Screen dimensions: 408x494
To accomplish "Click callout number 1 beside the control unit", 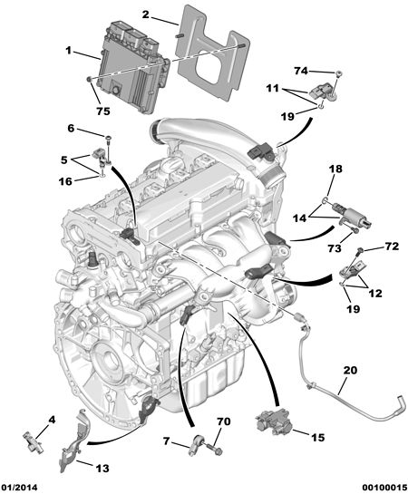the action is [68, 51].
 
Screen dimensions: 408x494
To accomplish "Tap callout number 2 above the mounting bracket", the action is [145, 15].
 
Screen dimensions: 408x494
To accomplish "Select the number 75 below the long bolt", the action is [103, 111].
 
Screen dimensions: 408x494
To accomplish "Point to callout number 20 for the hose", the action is [350, 370].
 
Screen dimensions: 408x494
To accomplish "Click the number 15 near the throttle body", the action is [317, 437].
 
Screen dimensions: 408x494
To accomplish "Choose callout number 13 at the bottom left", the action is [102, 468].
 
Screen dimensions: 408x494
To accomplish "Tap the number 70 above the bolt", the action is [224, 421].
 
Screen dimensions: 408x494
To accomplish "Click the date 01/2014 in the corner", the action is [19, 488].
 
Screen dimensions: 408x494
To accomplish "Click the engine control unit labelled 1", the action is [133, 67].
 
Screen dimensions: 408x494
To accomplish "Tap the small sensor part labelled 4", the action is [33, 442].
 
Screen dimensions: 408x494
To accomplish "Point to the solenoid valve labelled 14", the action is [351, 215].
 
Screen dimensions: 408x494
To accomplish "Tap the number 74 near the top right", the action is [301, 71].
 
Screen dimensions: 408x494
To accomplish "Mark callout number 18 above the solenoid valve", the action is [335, 169].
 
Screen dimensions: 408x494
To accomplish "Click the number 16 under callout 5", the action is [65, 181].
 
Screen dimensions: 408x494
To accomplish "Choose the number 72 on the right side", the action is [392, 247].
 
